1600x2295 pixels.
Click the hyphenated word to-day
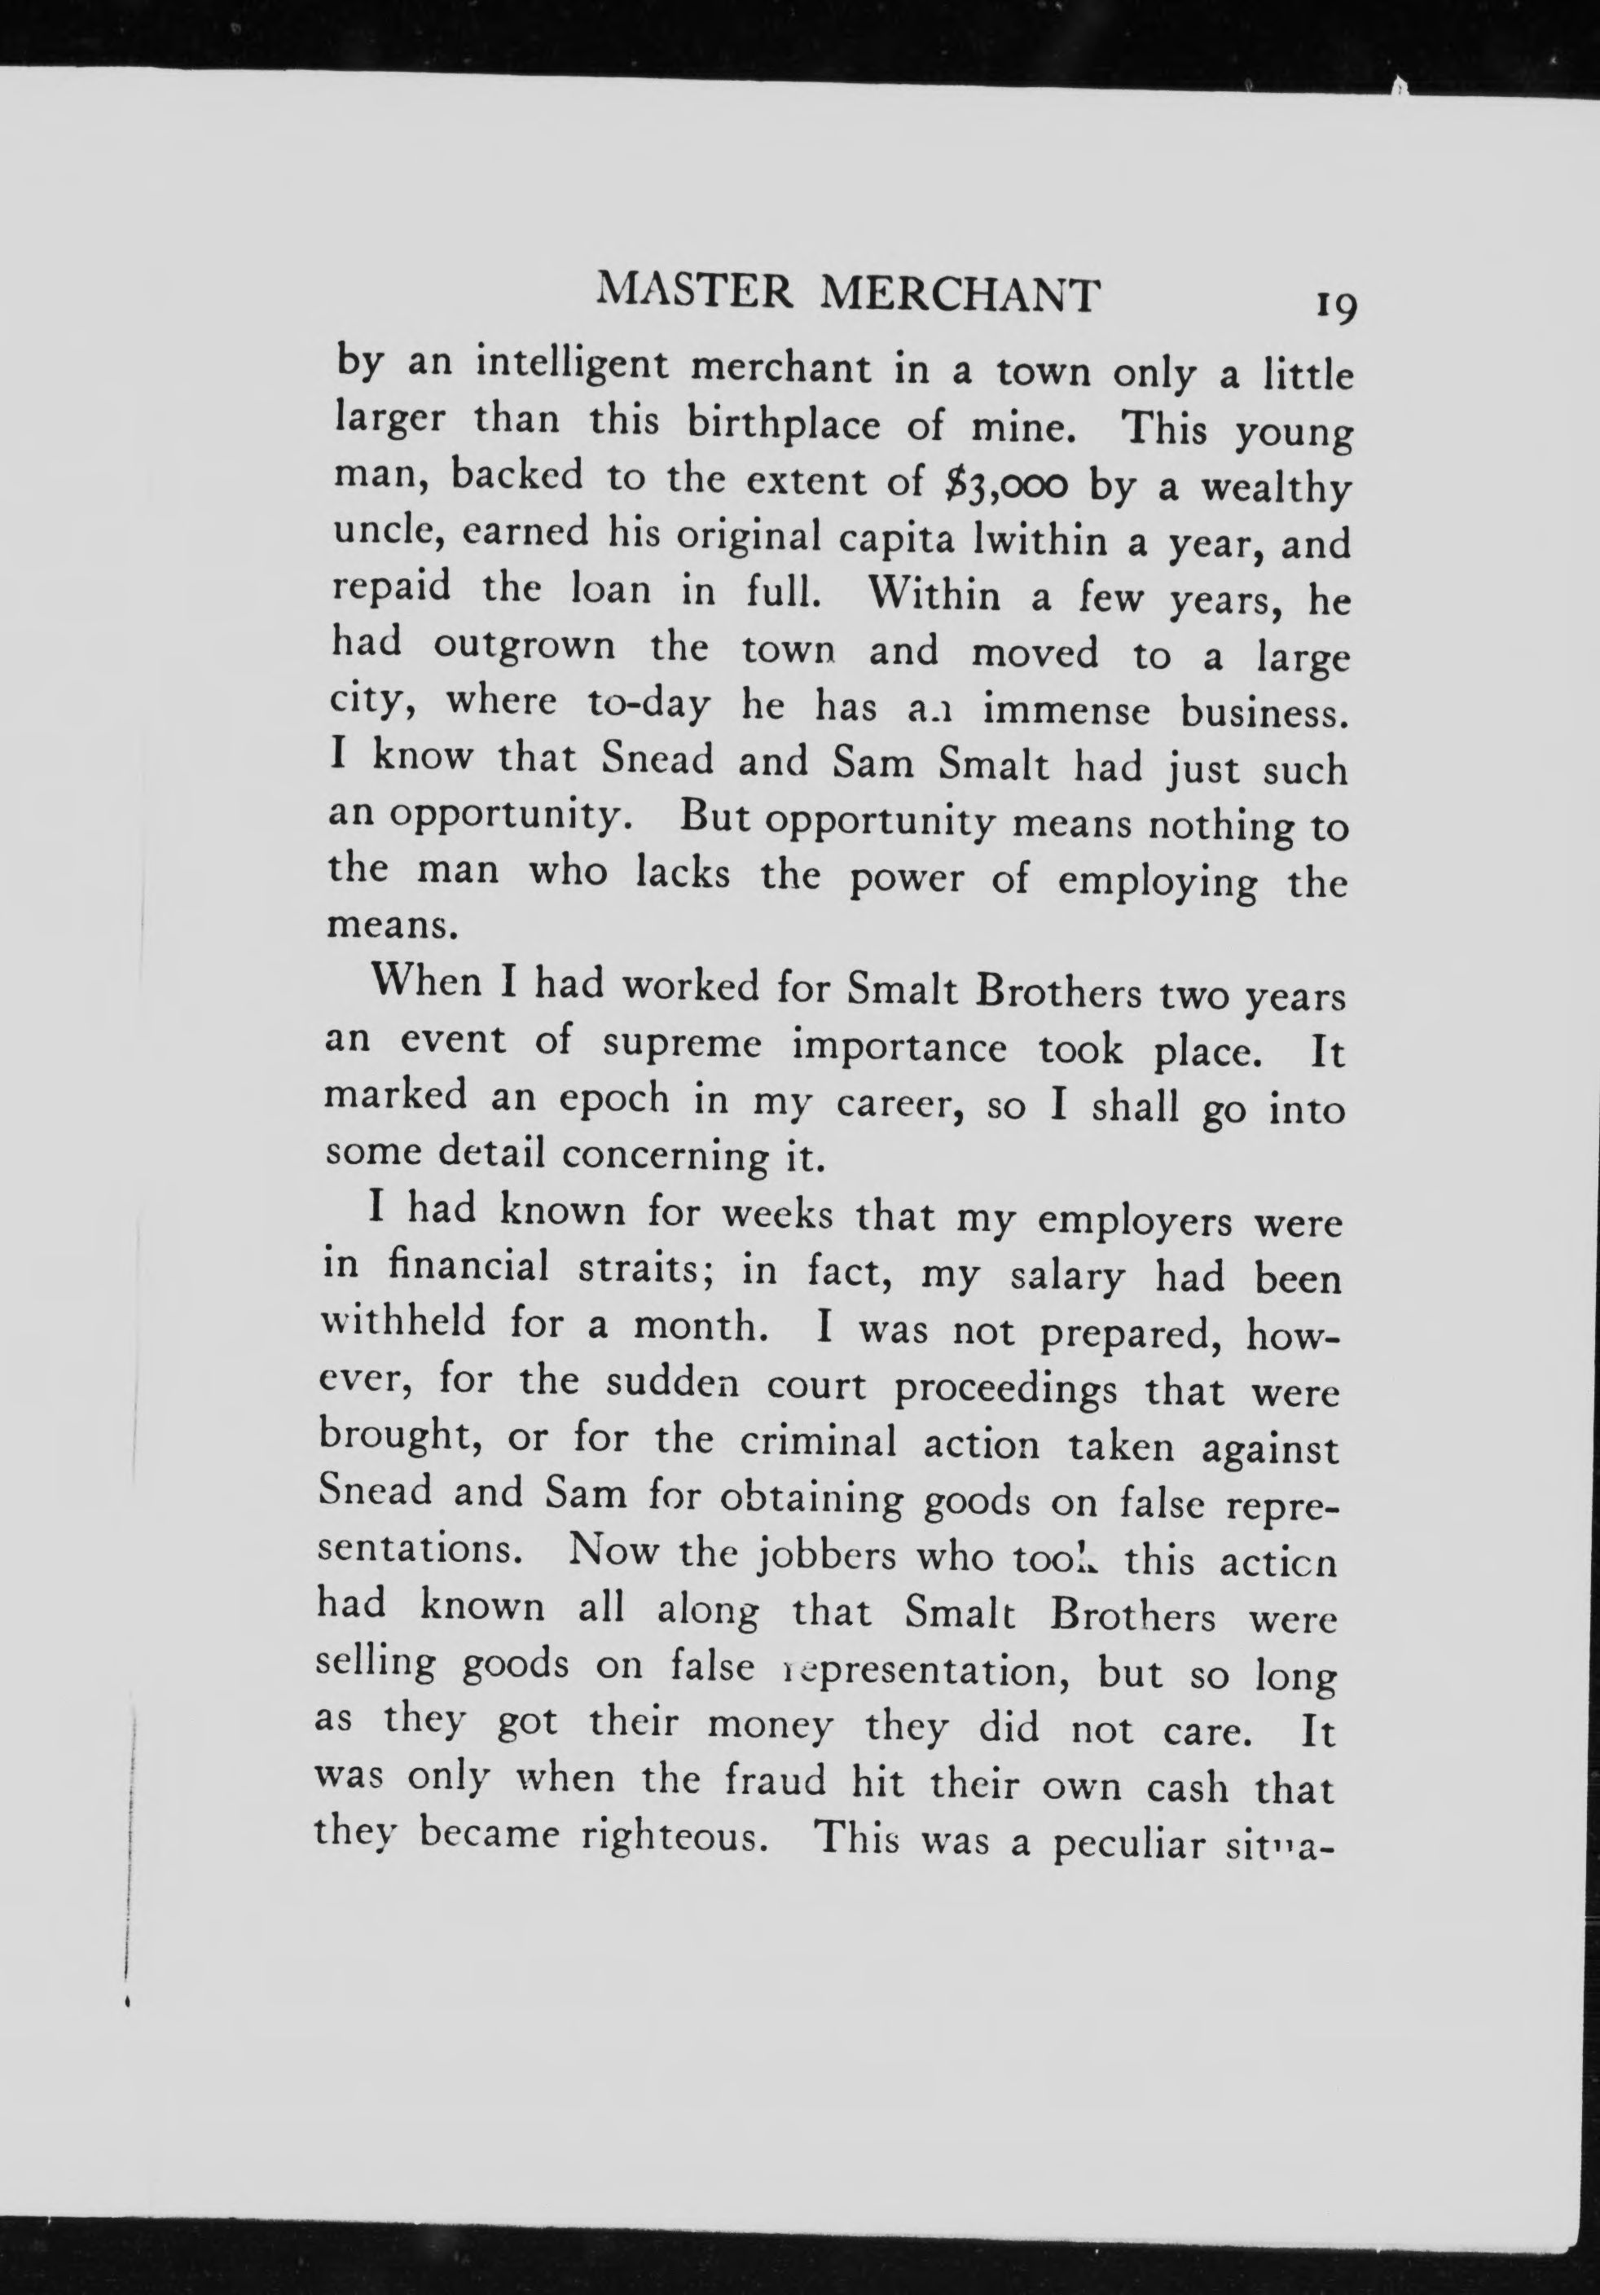pos(648,706)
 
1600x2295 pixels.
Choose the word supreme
pos(683,1045)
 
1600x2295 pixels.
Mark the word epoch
pos(613,1100)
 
